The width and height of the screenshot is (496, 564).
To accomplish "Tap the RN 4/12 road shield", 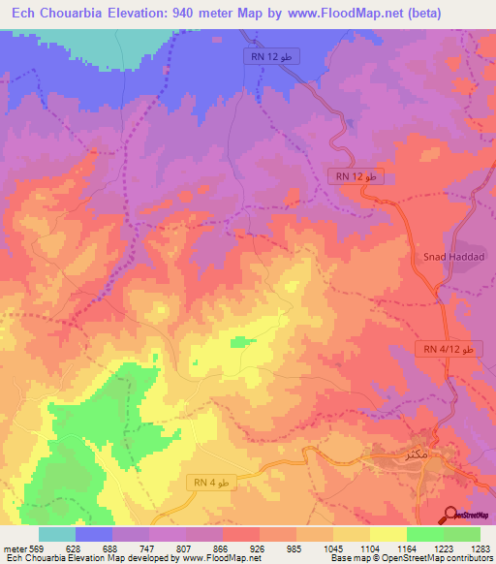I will pos(448,348).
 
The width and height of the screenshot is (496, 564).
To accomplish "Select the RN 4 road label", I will pos(210,482).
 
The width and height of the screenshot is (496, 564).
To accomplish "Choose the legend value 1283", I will pos(481,547).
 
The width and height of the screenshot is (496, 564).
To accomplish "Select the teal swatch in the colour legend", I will pos(57,533).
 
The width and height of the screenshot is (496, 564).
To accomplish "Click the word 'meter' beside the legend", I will pos(14,547).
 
